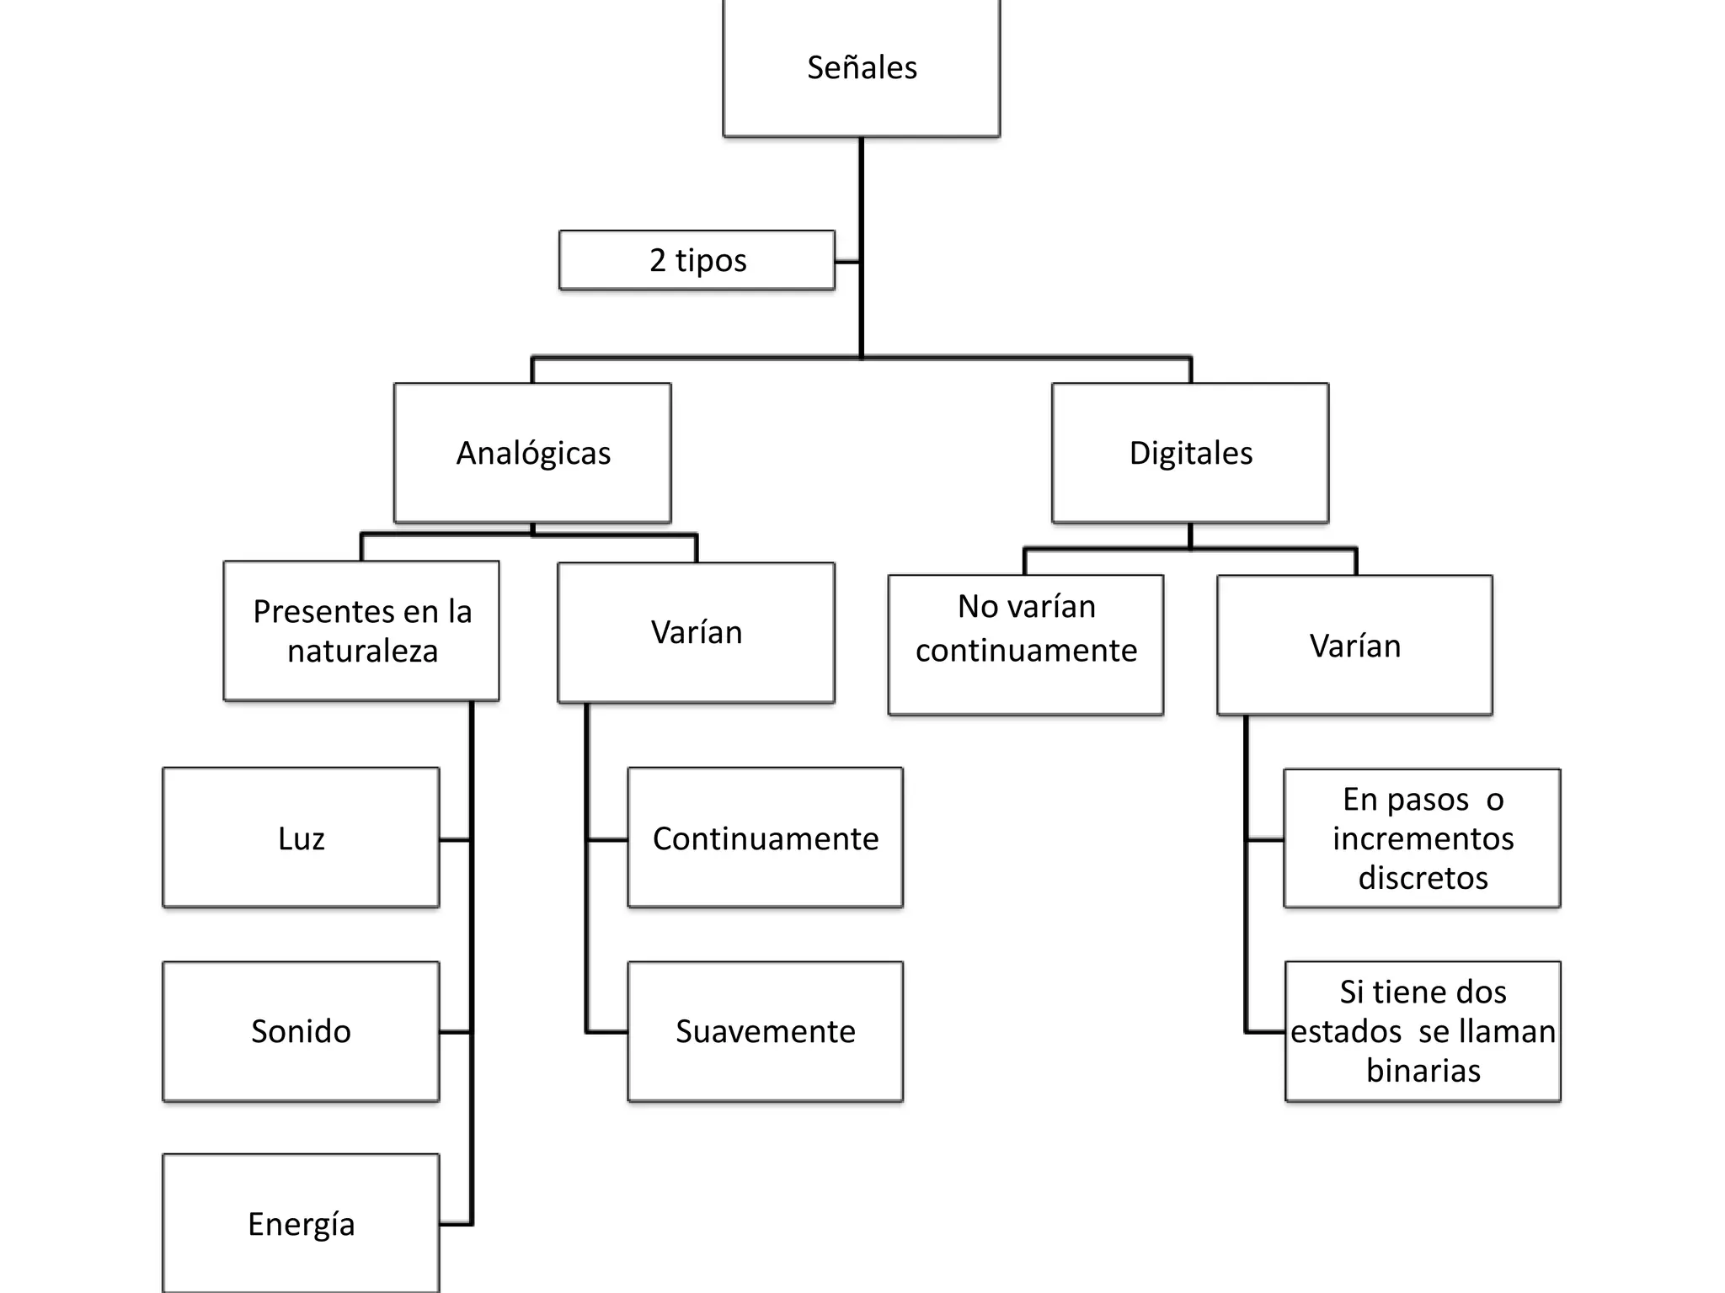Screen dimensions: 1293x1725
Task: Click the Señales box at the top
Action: [861, 67]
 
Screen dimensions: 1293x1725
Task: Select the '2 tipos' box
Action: [697, 260]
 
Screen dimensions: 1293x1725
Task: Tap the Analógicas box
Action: [532, 453]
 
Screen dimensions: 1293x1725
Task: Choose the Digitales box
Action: [1190, 453]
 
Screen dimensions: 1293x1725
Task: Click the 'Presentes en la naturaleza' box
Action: [361, 631]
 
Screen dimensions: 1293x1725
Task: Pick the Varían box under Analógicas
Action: [696, 632]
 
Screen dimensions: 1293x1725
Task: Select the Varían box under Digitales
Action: [1354, 646]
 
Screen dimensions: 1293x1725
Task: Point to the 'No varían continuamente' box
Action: [1026, 645]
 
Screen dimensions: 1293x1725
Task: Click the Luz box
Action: [301, 838]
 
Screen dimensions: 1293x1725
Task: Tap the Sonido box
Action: [301, 1031]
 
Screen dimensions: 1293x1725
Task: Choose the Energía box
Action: [301, 1224]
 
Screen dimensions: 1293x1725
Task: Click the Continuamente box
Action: [765, 838]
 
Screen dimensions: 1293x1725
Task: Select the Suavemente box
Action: [765, 1031]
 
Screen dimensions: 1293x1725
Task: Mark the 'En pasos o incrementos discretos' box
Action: [1422, 838]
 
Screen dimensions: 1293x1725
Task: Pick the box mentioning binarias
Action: [1423, 1031]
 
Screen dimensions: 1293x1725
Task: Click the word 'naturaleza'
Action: [362, 652]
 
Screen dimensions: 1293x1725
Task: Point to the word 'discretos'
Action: [1423, 878]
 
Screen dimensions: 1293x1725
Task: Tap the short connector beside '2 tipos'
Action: [847, 262]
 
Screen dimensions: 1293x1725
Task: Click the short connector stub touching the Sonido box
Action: [455, 1032]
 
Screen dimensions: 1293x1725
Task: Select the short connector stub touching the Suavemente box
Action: [607, 1032]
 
